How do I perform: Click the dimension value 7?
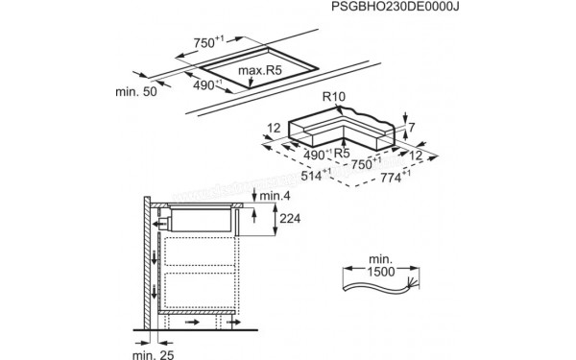(x=411, y=128)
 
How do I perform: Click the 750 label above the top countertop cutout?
(x=205, y=42)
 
